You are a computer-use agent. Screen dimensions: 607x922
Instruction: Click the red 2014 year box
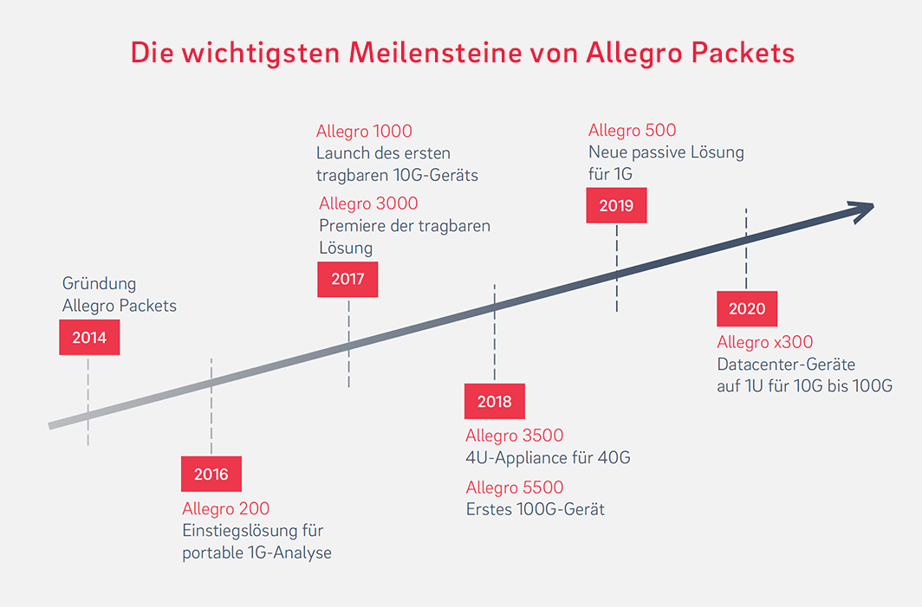click(89, 338)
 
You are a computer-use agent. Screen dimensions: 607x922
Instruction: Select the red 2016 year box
click(211, 475)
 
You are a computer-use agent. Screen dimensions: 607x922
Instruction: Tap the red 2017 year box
click(347, 280)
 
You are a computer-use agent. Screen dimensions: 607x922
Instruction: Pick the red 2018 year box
click(494, 402)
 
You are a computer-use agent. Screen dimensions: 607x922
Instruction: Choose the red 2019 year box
click(616, 206)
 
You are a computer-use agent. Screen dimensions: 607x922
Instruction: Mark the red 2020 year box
click(747, 309)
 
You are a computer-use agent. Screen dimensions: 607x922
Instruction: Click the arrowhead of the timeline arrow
click(862, 210)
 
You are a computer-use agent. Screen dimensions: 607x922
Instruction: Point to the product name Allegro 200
click(225, 508)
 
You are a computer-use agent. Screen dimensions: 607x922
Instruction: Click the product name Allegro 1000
click(364, 132)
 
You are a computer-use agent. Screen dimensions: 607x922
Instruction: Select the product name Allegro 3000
click(368, 203)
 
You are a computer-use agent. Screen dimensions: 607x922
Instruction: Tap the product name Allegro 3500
click(515, 436)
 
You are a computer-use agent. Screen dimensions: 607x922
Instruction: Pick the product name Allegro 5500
click(515, 487)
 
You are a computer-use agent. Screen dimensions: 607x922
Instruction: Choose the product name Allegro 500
click(632, 131)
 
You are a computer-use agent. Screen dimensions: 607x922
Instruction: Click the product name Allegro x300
click(765, 343)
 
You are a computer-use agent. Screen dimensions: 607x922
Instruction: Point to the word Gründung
click(99, 283)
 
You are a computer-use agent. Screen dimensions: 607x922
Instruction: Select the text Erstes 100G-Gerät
click(535, 509)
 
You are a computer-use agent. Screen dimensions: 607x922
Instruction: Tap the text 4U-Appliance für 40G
click(548, 457)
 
